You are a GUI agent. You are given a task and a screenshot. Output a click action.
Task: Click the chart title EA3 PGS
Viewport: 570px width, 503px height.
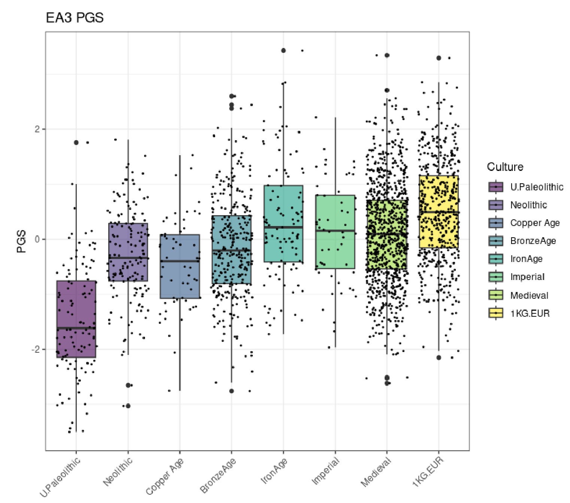75,18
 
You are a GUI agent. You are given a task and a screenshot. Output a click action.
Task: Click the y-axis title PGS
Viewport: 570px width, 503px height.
22,241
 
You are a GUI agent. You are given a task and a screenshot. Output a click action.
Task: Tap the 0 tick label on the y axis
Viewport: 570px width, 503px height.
37,239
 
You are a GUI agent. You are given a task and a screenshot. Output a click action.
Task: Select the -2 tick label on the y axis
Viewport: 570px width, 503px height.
36,349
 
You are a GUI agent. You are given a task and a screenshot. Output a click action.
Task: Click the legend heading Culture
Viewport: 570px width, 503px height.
505,167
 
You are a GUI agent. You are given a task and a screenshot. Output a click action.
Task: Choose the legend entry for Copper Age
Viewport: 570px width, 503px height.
534,223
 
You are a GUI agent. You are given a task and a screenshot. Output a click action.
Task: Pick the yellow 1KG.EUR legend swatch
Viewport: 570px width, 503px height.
495,313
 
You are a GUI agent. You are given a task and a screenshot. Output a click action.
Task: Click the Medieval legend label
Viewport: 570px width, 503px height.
529,295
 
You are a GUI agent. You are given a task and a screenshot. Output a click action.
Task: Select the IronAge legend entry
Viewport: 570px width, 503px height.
526,259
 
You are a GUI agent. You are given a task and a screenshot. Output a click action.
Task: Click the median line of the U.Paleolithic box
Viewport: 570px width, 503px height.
76,328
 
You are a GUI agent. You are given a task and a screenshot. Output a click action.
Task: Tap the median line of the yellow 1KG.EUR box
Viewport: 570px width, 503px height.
439,212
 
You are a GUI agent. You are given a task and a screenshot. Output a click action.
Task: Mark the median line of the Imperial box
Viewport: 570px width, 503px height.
335,231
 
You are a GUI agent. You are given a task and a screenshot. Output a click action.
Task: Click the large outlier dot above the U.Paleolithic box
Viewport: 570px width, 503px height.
76,142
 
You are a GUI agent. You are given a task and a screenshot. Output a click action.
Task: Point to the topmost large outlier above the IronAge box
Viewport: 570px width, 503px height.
284,51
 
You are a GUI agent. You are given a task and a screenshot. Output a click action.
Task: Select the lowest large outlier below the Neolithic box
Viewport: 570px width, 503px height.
128,406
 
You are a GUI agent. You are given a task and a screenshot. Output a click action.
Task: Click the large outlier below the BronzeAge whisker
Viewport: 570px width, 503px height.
231,391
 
